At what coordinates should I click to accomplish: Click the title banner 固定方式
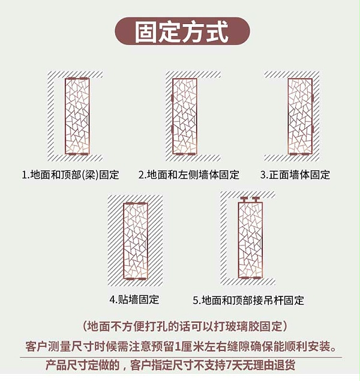pyautogui.click(x=182, y=31)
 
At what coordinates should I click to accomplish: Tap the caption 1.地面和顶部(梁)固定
pyautogui.click(x=70, y=175)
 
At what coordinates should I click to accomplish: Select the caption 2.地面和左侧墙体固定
pyautogui.click(x=189, y=175)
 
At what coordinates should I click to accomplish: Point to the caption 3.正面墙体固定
pyautogui.click(x=295, y=175)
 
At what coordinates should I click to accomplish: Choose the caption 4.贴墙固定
pyautogui.click(x=134, y=299)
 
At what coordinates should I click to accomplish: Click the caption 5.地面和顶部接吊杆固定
pyautogui.click(x=248, y=301)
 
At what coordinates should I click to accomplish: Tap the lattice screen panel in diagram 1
pyautogui.click(x=77, y=116)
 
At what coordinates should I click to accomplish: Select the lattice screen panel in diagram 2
pyautogui.click(x=185, y=116)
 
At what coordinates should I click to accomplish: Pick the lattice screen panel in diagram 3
pyautogui.click(x=300, y=116)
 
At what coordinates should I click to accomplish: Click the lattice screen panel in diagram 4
pyautogui.click(x=136, y=241)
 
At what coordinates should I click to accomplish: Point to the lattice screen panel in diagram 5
pyautogui.click(x=250, y=240)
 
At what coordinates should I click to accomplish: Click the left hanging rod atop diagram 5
pyautogui.click(x=244, y=199)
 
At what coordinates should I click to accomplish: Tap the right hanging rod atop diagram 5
pyautogui.click(x=256, y=199)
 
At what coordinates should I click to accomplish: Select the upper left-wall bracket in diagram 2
pyautogui.click(x=172, y=98)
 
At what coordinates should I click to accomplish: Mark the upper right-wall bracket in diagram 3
pyautogui.click(x=313, y=98)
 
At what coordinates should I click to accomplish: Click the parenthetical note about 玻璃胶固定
pyautogui.click(x=185, y=326)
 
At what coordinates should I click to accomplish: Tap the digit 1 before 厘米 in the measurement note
pyautogui.click(x=177, y=346)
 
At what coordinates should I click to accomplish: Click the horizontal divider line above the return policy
pyautogui.click(x=181, y=358)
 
